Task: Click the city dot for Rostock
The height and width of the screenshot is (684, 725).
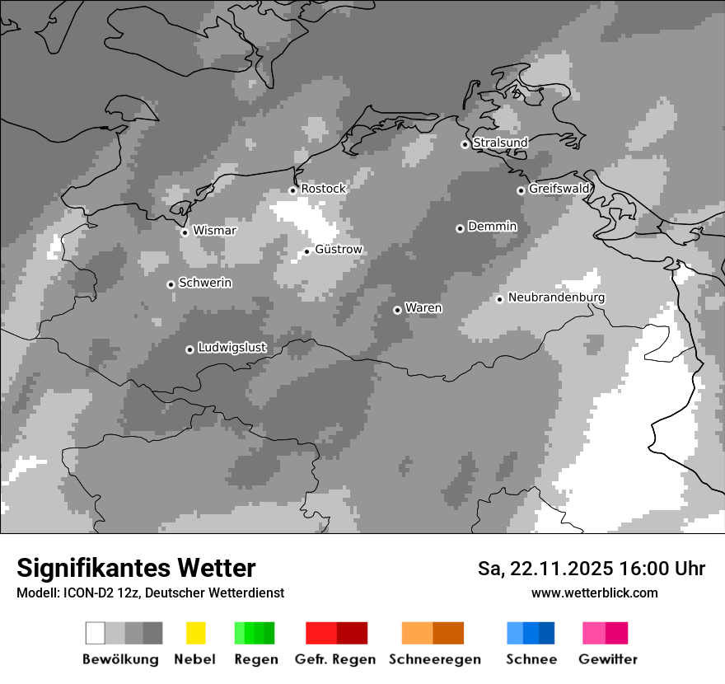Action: point(292,190)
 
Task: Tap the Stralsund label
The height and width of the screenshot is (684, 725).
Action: point(500,143)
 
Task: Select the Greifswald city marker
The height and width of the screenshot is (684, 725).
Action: point(521,190)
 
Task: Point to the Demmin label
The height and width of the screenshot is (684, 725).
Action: point(492,227)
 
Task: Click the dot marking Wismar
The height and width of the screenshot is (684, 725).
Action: point(185,232)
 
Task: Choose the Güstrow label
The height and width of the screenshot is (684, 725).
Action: point(338,249)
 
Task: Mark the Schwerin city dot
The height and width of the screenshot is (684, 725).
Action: point(171,284)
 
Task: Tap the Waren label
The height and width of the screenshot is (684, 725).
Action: point(423,308)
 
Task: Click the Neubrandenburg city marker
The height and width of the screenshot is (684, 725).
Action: point(499,299)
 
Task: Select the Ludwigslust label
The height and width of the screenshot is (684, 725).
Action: point(232,348)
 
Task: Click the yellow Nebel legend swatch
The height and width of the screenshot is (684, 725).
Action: point(195,633)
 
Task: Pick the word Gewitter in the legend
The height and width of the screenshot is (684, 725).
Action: point(608,659)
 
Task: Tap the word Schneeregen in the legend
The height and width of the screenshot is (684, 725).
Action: point(435,659)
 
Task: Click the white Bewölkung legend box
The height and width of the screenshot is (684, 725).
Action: point(95,633)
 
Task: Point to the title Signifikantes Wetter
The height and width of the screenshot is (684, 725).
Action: point(136,569)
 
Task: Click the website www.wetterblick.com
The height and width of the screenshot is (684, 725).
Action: point(594,593)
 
